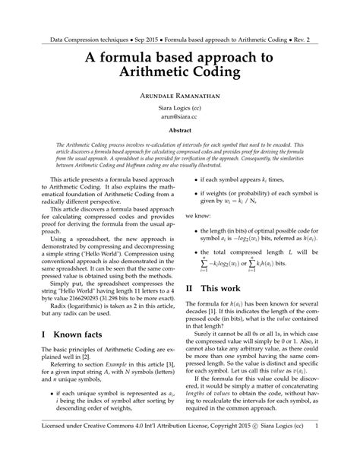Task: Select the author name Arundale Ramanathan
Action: pos(180,98)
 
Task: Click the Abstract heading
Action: pos(180,131)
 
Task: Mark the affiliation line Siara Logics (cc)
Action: pos(180,111)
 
